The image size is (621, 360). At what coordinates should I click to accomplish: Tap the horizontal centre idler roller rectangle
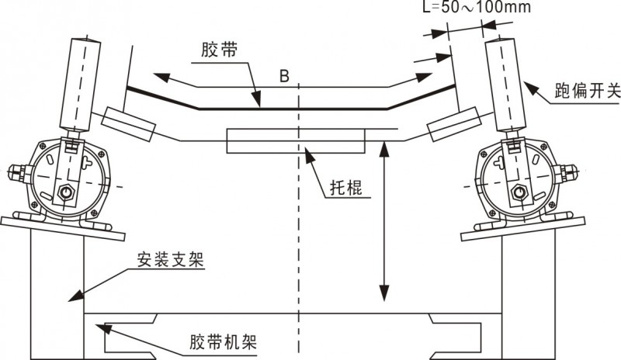click(x=295, y=140)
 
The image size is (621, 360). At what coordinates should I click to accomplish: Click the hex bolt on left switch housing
click(x=68, y=192)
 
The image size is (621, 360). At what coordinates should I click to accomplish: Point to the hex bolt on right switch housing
click(x=519, y=191)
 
